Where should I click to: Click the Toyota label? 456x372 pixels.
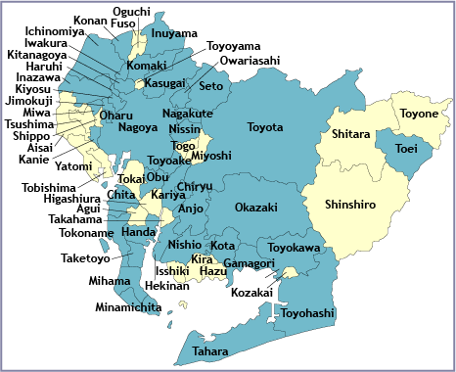coord(265,127)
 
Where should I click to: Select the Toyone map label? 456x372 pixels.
coord(419,114)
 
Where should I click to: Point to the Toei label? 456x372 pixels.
coord(406,149)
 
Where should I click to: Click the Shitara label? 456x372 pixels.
coord(350,133)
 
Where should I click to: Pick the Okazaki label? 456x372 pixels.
coord(256,208)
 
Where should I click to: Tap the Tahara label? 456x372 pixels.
coord(210,350)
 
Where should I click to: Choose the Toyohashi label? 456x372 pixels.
coord(307,313)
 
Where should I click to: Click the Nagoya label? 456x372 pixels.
coord(138,126)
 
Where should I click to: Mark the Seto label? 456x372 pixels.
coord(211,86)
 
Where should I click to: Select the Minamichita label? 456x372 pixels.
coord(128,307)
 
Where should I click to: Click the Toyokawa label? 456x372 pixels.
coord(295,249)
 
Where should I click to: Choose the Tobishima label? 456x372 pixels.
coord(50,187)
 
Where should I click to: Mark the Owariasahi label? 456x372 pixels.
coord(250,60)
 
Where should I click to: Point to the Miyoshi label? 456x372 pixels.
coord(211,156)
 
